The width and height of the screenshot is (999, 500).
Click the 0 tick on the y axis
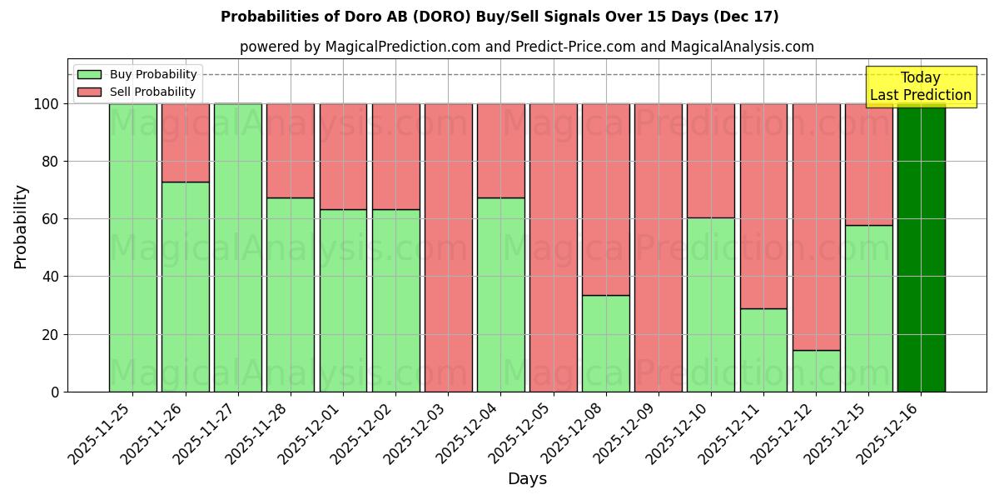54,392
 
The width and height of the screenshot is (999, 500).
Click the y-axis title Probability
21,227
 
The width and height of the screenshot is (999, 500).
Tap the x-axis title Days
527,479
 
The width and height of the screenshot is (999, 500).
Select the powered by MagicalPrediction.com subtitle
527,47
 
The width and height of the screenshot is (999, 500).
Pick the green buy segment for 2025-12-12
816,371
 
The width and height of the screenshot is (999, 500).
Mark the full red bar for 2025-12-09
658,247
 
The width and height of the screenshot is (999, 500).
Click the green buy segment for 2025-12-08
605,343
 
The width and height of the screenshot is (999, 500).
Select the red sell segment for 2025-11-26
185,142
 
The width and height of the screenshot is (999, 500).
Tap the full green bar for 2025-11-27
238,247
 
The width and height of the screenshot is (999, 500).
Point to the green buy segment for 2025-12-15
868,308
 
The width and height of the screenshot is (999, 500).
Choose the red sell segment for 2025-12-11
763,206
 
